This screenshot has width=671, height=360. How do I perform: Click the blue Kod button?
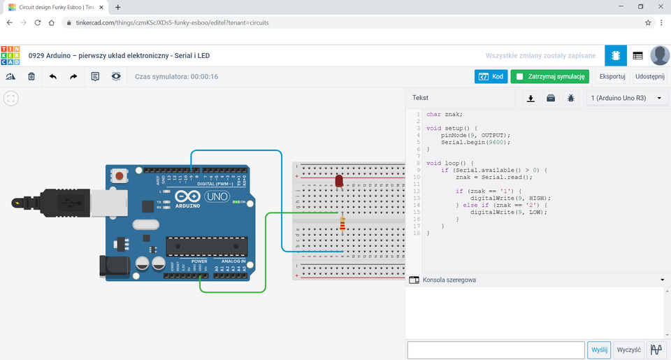[491, 76]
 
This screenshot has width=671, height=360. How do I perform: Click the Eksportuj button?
[612, 76]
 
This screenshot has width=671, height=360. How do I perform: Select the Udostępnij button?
[649, 76]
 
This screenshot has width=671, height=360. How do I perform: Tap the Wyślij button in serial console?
[599, 350]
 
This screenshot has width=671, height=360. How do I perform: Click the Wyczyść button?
[629, 350]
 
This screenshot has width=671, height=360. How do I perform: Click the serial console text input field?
[496, 350]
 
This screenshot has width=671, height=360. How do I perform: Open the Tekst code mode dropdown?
[461, 99]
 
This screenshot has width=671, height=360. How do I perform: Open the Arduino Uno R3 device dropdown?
[626, 99]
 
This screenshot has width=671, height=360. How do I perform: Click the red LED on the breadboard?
[339, 182]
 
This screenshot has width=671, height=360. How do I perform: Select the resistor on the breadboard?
[342, 223]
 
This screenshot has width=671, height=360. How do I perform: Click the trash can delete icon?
[31, 76]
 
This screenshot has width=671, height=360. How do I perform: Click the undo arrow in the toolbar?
[53, 76]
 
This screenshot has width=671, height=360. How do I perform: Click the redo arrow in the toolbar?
[73, 76]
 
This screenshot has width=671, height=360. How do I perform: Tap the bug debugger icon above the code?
[571, 99]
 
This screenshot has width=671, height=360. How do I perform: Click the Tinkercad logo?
[11, 55]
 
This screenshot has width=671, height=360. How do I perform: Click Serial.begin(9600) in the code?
[475, 142]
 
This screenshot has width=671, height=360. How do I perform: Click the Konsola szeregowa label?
[449, 280]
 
